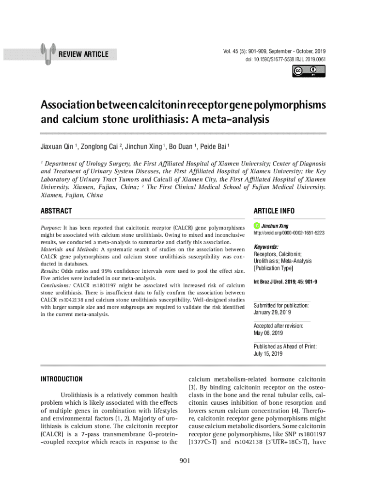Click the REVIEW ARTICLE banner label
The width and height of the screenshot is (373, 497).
tap(83, 54)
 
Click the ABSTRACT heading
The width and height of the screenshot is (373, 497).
tap(56, 211)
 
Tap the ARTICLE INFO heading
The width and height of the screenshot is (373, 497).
tap(274, 211)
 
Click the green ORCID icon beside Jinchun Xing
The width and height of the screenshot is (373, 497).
tap(257, 226)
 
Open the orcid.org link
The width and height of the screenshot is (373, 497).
tap(289, 233)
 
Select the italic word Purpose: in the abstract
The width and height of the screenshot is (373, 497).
tap(51, 228)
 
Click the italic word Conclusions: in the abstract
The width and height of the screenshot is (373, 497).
tap(56, 285)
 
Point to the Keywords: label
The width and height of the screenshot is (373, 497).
tap(266, 247)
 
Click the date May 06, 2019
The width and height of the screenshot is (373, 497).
tap(268, 333)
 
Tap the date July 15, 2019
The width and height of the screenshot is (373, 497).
tap(268, 354)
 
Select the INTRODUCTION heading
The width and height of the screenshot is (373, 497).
tap(62, 379)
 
